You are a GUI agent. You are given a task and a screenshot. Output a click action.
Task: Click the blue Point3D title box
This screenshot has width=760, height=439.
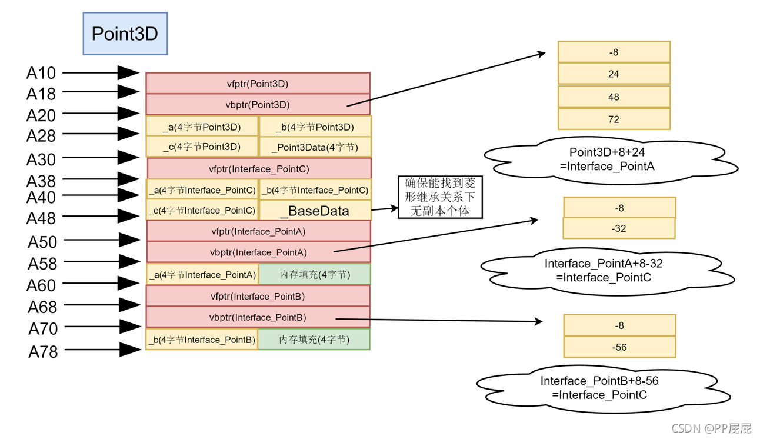click(125, 34)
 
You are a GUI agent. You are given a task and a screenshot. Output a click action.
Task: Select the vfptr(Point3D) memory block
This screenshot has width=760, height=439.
click(258, 83)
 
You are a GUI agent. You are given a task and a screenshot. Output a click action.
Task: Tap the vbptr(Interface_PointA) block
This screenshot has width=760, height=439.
click(259, 252)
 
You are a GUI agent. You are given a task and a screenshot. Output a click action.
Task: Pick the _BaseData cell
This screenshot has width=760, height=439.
click(315, 211)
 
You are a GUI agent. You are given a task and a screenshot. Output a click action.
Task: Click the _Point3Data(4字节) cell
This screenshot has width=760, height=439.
click(315, 147)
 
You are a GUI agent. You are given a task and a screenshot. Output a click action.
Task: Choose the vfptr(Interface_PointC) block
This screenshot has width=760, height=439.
click(259, 168)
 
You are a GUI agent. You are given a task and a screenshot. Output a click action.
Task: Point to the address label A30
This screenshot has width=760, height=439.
click(41, 159)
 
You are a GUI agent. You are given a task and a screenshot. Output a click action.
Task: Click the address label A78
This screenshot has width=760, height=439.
click(43, 352)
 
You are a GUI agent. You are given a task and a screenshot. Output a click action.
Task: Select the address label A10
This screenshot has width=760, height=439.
click(41, 72)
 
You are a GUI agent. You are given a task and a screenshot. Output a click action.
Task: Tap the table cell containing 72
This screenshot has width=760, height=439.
click(614, 119)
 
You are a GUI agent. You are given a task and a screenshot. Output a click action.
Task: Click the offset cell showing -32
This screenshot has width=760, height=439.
click(619, 228)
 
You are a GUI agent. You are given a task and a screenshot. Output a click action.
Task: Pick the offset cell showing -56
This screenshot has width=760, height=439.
click(619, 347)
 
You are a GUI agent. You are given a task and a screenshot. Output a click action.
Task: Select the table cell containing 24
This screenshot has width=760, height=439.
click(614, 74)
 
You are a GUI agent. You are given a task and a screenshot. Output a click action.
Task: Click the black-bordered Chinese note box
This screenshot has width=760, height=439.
click(440, 197)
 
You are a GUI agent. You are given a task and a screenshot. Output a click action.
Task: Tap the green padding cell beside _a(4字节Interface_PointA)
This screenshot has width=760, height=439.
click(315, 274)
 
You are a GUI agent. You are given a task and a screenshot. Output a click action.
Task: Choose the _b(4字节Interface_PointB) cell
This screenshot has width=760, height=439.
click(202, 339)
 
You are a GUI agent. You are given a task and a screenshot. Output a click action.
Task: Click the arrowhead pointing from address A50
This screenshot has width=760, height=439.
click(129, 240)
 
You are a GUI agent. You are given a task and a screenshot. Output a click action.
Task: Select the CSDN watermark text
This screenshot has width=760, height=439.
click(711, 428)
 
